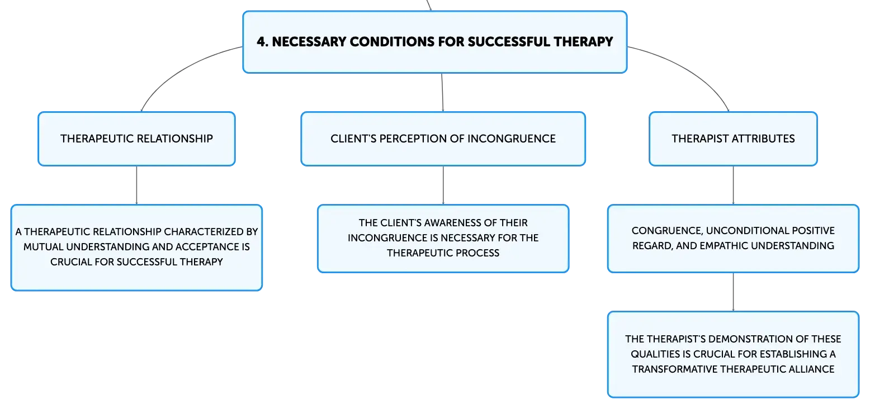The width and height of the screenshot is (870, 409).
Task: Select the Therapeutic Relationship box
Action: point(137,139)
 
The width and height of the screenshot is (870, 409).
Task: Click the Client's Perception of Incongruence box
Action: point(443,139)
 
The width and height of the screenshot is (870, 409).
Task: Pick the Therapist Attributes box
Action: point(733,139)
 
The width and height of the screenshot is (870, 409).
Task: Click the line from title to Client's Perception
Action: point(442,92)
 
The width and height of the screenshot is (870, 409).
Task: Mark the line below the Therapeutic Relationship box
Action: point(137,185)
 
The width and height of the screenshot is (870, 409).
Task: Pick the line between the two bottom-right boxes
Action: point(733,292)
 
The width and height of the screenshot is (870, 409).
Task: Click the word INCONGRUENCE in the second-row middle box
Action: point(512,139)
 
